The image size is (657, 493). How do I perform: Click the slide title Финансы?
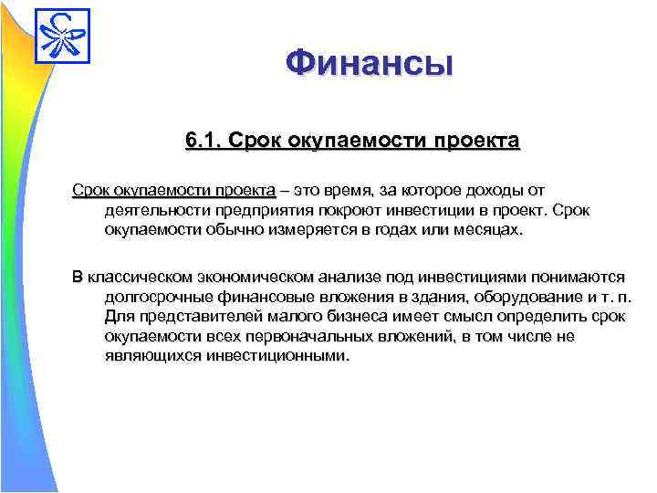pos(368,65)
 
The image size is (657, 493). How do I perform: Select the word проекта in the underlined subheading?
pos(474,142)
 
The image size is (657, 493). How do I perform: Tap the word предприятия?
pos(256,211)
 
